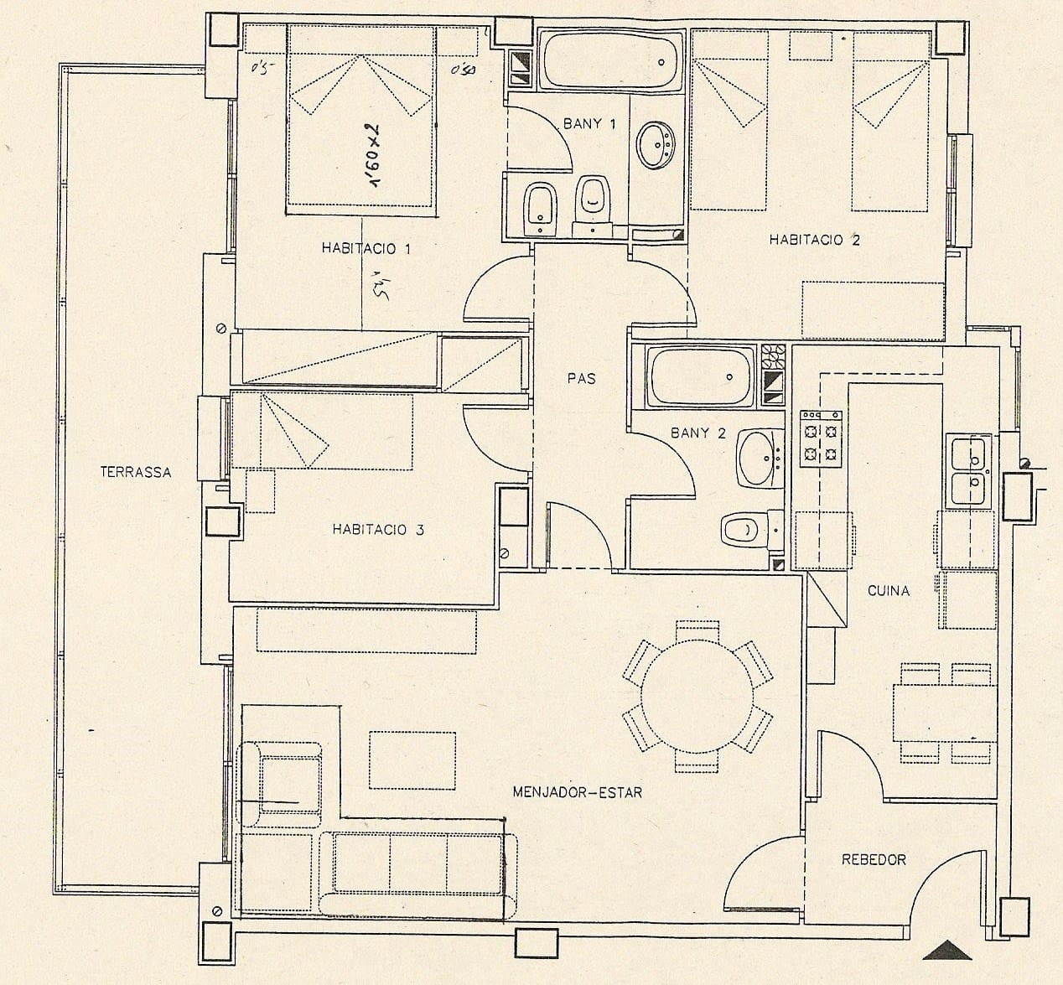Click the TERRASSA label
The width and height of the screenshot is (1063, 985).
[x=135, y=472]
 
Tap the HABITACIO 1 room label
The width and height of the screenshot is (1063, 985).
[x=366, y=248]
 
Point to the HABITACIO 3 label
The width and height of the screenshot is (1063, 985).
[x=377, y=529]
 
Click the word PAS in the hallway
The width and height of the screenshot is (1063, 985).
[x=581, y=378]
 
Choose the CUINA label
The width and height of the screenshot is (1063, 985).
[x=888, y=590]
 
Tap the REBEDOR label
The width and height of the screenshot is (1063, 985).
[x=874, y=859]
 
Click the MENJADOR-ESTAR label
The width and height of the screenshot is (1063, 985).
[x=577, y=791]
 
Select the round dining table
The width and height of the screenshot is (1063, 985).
[x=697, y=696]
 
